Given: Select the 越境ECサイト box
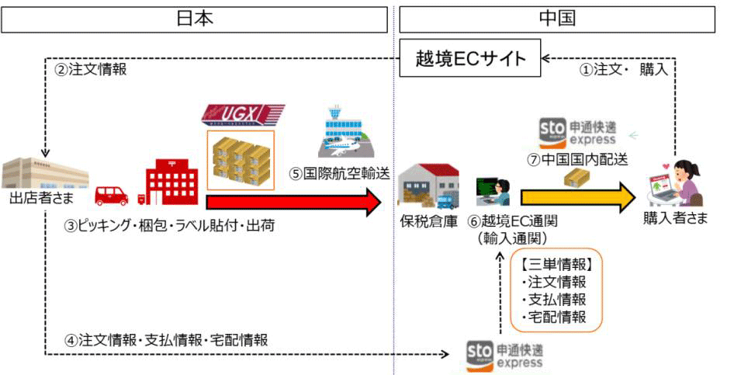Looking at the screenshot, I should coord(470,59).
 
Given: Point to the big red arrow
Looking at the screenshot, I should coord(294,203).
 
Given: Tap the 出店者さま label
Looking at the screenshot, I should coord(42,198).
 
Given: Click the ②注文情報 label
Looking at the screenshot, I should coord(90,69).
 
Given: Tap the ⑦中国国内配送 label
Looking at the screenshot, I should coord(576,160).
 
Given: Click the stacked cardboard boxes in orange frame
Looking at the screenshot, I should coord(241,161).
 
